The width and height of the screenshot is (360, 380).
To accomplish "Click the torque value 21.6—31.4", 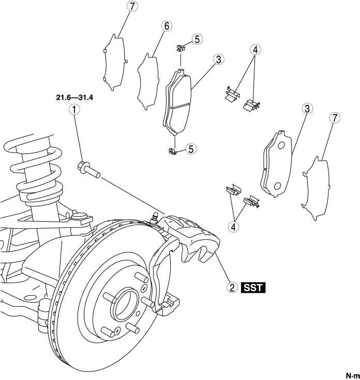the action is [x=74, y=98].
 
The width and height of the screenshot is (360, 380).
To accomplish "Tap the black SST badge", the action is [x=253, y=288].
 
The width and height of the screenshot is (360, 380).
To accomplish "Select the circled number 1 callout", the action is [x=74, y=110].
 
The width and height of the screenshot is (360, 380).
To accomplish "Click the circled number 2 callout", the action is [x=232, y=288].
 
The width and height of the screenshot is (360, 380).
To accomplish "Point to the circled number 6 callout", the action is [x=167, y=26].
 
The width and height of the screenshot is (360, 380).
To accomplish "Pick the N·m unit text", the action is [x=352, y=376].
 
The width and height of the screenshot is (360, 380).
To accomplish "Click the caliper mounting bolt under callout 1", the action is [x=88, y=170].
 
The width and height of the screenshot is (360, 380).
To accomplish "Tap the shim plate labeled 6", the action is [x=148, y=82].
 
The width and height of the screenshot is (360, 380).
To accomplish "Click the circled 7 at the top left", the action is [x=132, y=7].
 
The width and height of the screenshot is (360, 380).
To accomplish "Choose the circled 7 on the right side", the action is [x=335, y=118].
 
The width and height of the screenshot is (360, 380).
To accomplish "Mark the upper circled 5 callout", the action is [x=197, y=39].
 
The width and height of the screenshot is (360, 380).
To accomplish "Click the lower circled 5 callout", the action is [x=191, y=149].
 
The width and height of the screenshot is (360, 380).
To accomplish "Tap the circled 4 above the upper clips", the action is [x=256, y=50].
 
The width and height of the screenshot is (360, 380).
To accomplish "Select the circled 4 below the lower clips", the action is [x=233, y=227].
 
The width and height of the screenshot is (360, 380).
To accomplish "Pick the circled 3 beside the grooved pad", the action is [x=219, y=59].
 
